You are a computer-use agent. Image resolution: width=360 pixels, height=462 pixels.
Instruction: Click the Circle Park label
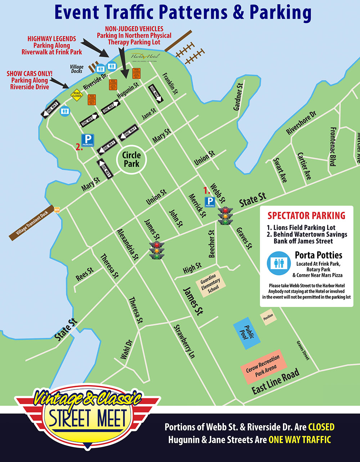coord(131,159)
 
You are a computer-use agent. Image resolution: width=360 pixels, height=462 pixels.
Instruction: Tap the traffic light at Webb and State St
coord(225,216)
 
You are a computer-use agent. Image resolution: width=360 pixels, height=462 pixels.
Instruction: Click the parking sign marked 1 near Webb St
coord(210,202)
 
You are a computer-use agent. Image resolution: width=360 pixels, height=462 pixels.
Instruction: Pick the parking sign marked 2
coord(87,140)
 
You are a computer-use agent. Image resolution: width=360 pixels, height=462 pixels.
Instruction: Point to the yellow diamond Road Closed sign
coord(77,95)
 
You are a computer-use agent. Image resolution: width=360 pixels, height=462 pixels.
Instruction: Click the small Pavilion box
coord(268,316)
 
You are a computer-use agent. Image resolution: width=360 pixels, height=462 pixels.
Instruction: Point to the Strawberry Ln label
coord(184,341)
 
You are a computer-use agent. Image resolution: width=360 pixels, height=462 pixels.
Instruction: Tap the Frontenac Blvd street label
coord(333,146)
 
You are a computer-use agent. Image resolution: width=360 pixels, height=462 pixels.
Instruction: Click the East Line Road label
coord(275,381)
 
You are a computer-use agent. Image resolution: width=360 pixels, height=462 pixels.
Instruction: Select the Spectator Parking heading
coord(306,216)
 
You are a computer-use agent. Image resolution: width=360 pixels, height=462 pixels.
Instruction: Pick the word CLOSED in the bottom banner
coord(321,427)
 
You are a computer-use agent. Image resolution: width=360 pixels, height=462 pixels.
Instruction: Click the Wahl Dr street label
coord(126,350)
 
